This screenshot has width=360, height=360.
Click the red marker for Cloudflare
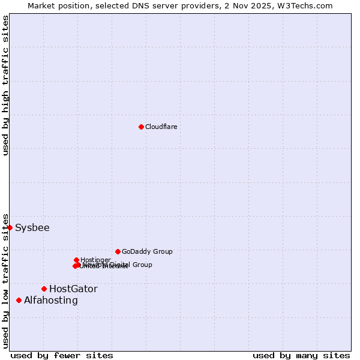tap(141, 127)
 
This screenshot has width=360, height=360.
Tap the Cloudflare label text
tap(161, 127)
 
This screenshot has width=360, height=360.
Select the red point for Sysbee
tap(10, 227)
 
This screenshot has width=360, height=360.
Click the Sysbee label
tap(32, 228)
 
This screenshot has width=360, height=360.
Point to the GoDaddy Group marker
tap(118, 251)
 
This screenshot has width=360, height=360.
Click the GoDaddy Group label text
tap(147, 252)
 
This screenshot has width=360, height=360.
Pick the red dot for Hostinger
tap(77, 260)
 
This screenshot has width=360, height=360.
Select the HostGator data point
tap(44, 289)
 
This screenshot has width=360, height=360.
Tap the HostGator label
tap(73, 289)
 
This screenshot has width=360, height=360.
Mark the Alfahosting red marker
tap(19, 300)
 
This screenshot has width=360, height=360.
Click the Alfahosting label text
tap(51, 301)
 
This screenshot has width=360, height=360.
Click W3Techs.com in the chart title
tap(307, 5)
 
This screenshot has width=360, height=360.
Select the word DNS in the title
tap(147, 5)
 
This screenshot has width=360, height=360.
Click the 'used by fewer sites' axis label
tap(62, 355)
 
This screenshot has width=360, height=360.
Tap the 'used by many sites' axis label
tap(301, 355)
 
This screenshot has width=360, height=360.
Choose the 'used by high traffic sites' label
tap(5, 86)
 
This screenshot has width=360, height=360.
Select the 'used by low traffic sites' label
tap(5, 281)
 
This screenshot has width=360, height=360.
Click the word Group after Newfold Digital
tap(142, 265)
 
